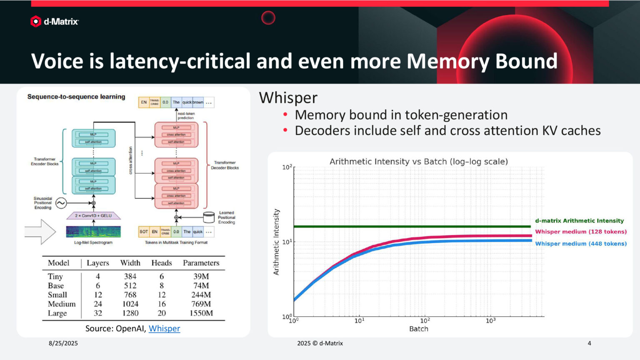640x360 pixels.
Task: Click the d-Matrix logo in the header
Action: point(54,21)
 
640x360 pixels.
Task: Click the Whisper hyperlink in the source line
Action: point(164,328)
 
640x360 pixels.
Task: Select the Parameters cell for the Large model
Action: point(201,313)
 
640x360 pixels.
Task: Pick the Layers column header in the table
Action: point(98,263)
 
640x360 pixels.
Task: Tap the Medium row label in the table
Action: point(62,304)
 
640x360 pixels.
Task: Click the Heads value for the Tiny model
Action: point(162,276)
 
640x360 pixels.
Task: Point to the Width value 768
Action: point(130,295)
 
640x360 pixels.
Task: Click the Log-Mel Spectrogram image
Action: point(93,232)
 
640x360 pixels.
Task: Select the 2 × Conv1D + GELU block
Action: point(93,215)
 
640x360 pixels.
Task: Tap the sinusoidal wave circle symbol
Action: point(61,203)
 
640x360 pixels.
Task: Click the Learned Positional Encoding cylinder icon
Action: point(208,217)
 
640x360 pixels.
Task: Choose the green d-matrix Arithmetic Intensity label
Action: point(579,221)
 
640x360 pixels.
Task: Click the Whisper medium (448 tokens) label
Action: point(581,244)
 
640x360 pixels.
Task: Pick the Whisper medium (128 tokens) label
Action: point(581,232)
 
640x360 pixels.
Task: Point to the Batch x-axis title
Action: point(418,329)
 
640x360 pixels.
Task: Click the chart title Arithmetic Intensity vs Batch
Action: point(418,162)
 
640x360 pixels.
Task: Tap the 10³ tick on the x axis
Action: point(490,321)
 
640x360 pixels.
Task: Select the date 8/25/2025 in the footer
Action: point(63,343)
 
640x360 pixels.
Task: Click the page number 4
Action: point(589,343)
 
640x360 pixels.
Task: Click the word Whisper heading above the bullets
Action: point(288,98)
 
